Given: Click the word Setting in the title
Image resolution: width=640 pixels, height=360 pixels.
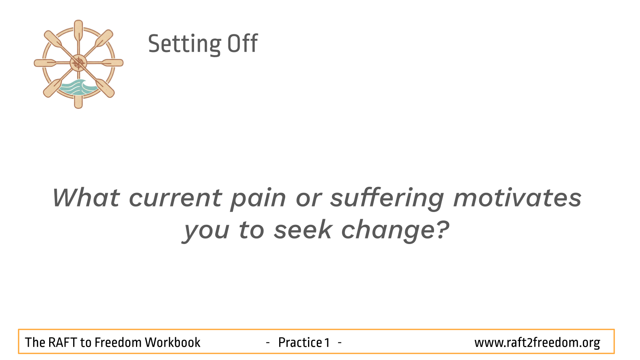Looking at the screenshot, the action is pyautogui.click(x=184, y=44).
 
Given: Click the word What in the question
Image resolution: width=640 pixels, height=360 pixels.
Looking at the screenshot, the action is pyautogui.click(x=86, y=198).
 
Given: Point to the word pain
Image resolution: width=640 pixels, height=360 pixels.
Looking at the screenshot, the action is pyautogui.click(x=258, y=200).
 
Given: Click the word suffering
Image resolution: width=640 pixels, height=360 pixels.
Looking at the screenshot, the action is pyautogui.click(x=387, y=199).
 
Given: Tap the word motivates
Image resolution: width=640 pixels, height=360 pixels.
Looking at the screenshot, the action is pyautogui.click(x=518, y=198).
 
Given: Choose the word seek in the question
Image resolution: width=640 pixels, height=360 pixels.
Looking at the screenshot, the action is pyautogui.click(x=303, y=229).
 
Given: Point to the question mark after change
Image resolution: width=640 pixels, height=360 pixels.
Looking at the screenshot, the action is pyautogui.click(x=442, y=229).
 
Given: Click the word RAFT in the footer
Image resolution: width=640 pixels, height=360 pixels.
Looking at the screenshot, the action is pyautogui.click(x=62, y=342).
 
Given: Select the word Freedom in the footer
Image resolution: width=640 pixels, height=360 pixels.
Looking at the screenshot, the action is pyautogui.click(x=118, y=342).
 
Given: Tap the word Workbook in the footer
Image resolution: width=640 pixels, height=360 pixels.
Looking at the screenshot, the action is pyautogui.click(x=172, y=342).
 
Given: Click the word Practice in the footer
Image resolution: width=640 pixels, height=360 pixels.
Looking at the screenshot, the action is pyautogui.click(x=300, y=342).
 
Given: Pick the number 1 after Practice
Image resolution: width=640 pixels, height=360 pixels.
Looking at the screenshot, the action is pyautogui.click(x=327, y=342).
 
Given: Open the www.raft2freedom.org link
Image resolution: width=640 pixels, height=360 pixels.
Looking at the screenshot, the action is pyautogui.click(x=537, y=343).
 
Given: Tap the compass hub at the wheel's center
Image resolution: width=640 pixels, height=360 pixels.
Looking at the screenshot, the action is pyautogui.click(x=78, y=63).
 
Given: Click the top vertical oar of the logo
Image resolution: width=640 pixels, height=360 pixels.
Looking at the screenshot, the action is pyautogui.click(x=78, y=32).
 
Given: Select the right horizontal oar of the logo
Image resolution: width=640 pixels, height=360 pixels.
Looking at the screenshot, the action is pyautogui.click(x=110, y=63).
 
